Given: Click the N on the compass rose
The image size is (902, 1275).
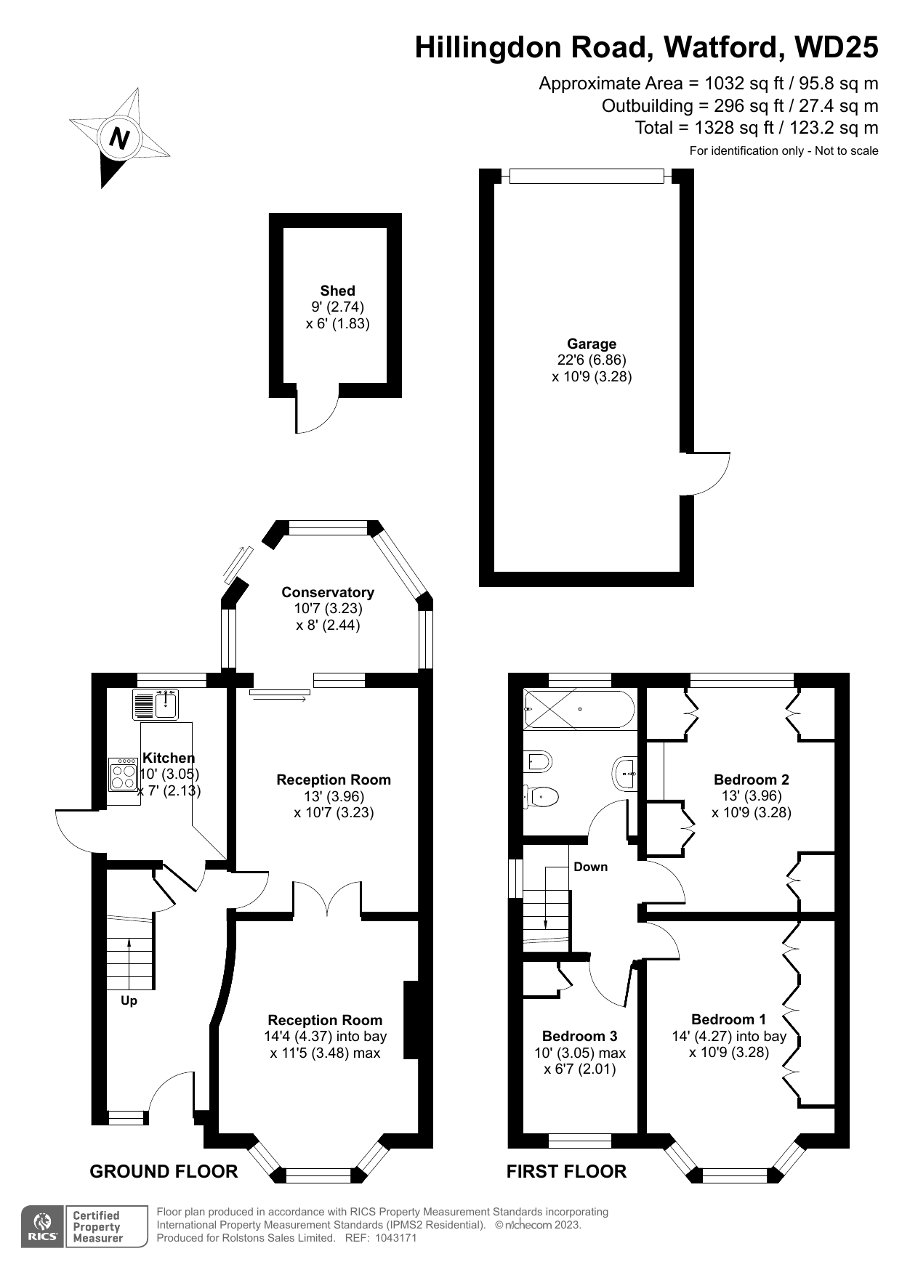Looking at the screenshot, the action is click(119, 137).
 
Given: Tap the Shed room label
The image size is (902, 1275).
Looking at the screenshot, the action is click(338, 291).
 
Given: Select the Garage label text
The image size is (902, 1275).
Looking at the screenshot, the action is click(592, 344).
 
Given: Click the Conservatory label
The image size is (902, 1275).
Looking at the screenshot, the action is click(328, 592).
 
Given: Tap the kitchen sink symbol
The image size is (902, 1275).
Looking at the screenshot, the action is click(156, 703).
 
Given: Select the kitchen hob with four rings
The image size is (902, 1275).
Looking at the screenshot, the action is click(123, 774).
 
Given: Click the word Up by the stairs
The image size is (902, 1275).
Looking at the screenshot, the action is click(129, 1000).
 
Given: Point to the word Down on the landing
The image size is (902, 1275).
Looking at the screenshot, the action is click(590, 867).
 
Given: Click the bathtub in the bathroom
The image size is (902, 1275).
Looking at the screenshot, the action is click(579, 709).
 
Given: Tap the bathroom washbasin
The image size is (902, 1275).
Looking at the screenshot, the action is click(625, 774).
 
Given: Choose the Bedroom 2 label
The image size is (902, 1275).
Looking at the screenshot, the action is click(752, 780).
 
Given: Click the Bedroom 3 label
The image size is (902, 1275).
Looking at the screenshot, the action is click(579, 1036).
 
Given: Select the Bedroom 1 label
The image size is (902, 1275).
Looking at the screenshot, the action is click(728, 1019).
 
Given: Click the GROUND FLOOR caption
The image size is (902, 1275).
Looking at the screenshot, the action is click(164, 1171).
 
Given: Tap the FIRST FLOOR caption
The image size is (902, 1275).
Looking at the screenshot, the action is click(566, 1171).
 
